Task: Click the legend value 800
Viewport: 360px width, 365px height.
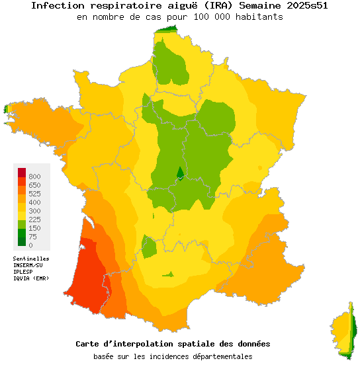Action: tap(34, 177)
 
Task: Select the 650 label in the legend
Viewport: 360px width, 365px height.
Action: tap(34, 185)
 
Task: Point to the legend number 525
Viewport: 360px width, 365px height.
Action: tap(34, 194)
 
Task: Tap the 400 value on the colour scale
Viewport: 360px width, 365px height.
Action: tap(34, 202)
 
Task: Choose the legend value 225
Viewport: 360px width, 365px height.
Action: tap(34, 220)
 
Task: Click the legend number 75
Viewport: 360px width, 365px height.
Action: tap(32, 237)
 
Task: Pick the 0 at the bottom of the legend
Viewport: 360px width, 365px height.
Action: tap(30, 245)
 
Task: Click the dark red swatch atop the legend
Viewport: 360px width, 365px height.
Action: tap(22, 172)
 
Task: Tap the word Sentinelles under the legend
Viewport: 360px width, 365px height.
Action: tap(31, 259)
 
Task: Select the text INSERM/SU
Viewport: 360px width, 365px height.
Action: tap(28, 265)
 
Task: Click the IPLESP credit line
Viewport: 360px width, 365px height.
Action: tap(24, 272)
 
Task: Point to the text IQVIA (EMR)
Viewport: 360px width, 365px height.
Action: tap(31, 278)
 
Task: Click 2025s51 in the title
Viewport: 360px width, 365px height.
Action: tap(306, 6)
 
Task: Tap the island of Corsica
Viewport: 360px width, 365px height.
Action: tap(344, 331)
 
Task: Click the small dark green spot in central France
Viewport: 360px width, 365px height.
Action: tap(179, 173)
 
